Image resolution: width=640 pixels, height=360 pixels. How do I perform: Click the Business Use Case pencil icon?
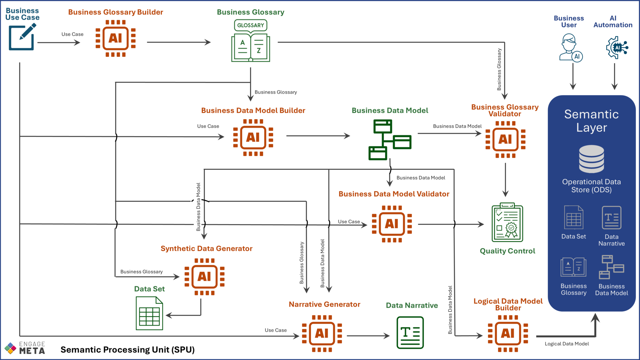point(22,37)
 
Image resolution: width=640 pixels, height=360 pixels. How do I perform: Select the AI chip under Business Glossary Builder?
point(116,38)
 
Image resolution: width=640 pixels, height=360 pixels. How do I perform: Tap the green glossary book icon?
point(251,41)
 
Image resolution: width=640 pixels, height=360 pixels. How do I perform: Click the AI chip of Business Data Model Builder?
point(253,137)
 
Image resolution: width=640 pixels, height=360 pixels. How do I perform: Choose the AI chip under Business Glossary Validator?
point(505,139)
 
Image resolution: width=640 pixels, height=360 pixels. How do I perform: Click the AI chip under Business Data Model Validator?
point(392,224)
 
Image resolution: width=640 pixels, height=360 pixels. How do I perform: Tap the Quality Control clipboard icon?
point(507,222)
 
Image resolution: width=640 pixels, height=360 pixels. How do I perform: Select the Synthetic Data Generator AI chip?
point(204,277)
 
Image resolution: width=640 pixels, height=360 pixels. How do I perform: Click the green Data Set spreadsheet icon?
point(149,313)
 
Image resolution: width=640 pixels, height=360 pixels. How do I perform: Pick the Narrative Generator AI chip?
point(322,333)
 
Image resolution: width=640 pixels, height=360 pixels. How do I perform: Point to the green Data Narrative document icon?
point(410,332)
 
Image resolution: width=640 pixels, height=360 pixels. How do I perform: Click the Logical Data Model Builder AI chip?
point(508,333)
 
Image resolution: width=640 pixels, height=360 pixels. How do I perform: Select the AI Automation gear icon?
point(617,47)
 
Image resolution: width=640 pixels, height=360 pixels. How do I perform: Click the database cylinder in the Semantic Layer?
point(591,159)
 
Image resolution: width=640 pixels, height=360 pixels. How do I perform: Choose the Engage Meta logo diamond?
point(10,348)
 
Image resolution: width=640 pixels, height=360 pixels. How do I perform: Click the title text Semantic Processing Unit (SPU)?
point(127,350)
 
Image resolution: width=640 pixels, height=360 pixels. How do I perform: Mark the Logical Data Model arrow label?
point(567,344)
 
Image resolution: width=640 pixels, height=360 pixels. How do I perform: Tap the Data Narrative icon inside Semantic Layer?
point(611,218)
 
